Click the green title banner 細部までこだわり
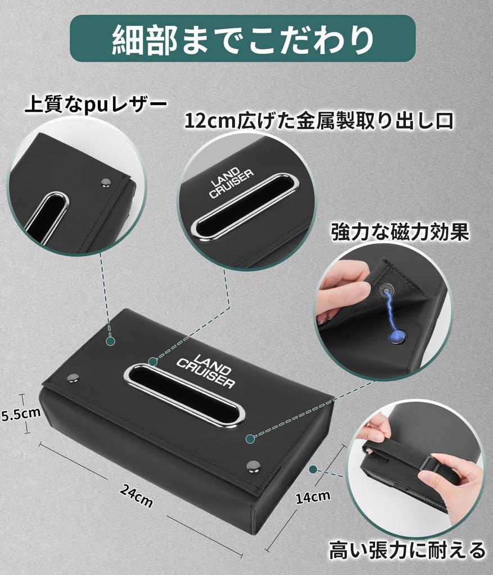pos(242,38)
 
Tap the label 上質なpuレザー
pos(95,105)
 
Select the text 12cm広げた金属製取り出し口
pos(319,120)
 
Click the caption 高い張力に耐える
pos(407,549)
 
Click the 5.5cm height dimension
pos(21,414)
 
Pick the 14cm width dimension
pos(313,496)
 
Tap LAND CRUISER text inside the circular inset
pos(231,184)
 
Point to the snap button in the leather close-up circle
pos(105,182)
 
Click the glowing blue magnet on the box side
pos(397,336)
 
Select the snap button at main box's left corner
pos(73,378)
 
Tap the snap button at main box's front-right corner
pos(254,466)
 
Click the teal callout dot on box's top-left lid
pos(110,341)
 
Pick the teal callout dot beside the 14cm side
pos(314,469)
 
